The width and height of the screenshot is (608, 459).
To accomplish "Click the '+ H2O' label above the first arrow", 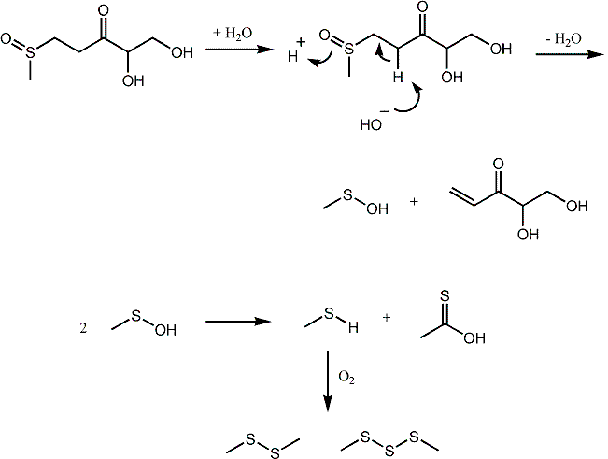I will [233, 33].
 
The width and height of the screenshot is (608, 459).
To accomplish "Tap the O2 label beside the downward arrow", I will [347, 381].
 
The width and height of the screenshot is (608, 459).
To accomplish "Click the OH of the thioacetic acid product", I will [474, 337].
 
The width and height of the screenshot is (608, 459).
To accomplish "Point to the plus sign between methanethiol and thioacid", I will [386, 318].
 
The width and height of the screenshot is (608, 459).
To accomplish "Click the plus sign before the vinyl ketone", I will [412, 201].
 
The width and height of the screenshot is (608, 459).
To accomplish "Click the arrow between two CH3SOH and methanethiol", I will [237, 323].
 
